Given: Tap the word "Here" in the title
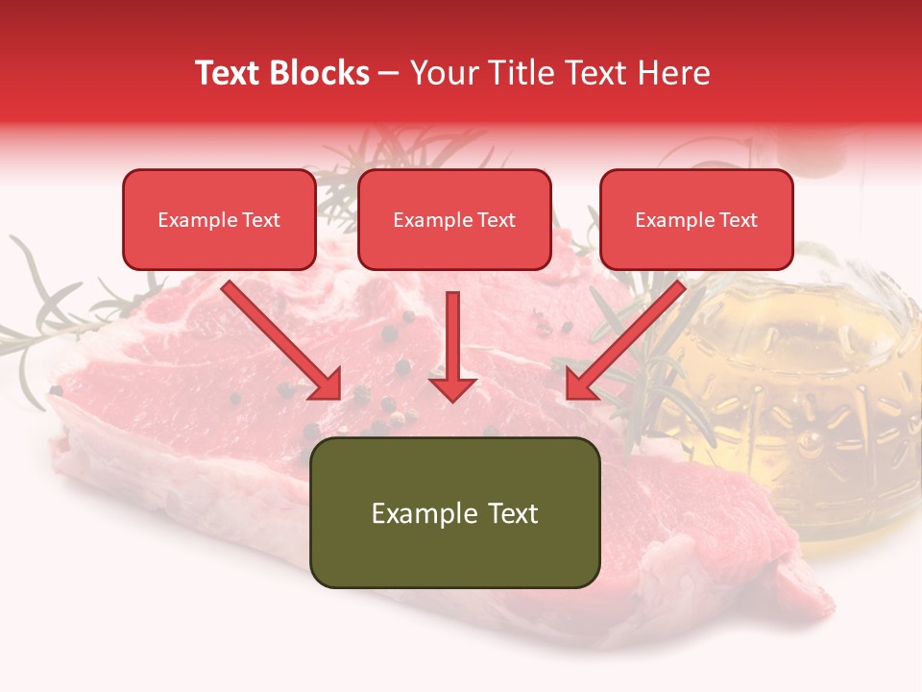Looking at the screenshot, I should [x=675, y=73].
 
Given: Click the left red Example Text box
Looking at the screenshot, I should [x=219, y=220].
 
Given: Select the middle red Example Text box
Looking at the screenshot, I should [x=454, y=220].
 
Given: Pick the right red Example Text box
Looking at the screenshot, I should [x=696, y=220].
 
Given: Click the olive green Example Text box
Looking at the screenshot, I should [x=454, y=512].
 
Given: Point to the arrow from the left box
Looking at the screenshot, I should [x=283, y=341].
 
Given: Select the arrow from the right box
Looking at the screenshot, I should [x=624, y=341].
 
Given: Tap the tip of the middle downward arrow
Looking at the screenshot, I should [x=452, y=398].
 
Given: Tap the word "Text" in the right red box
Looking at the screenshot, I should [x=738, y=220].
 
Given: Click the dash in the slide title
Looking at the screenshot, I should [x=389, y=74].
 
